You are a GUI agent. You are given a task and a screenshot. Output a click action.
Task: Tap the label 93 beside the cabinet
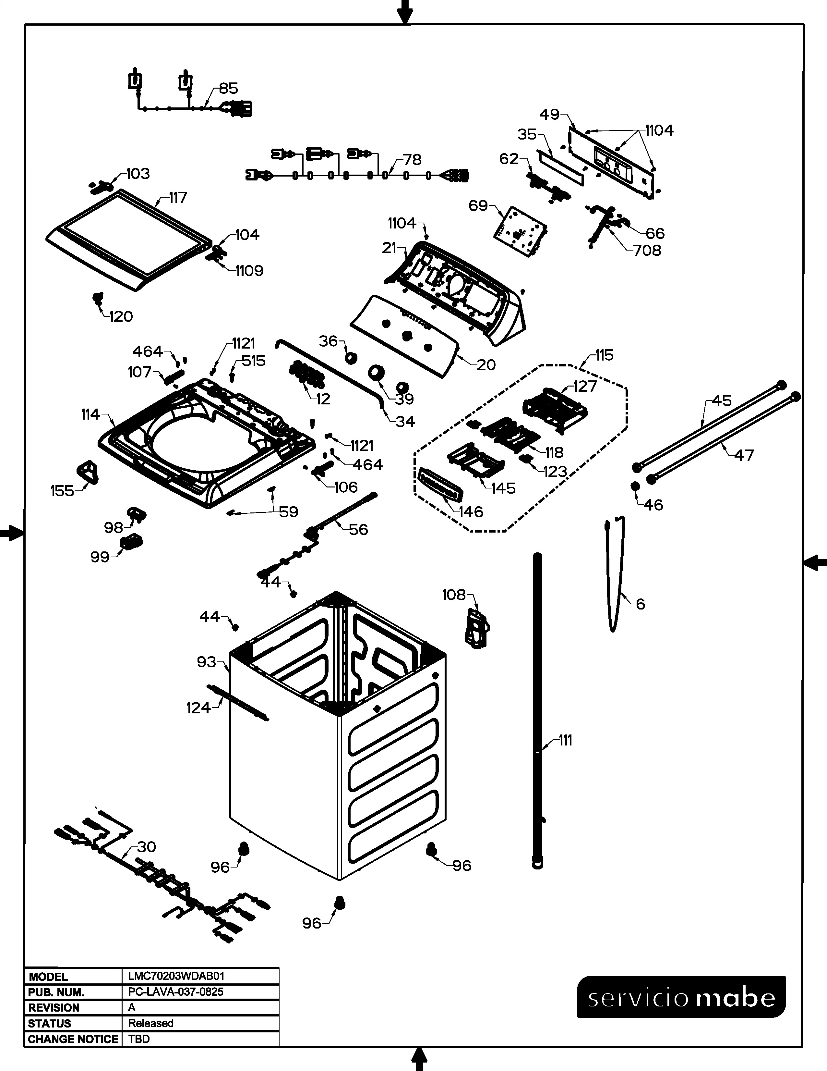(x=206, y=662)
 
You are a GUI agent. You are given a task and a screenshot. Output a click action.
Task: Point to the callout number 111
(x=565, y=741)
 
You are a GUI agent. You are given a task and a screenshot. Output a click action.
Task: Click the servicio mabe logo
(x=681, y=997)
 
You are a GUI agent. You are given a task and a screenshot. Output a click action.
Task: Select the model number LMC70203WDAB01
(x=176, y=976)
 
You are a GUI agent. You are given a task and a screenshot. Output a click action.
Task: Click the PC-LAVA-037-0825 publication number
(x=175, y=991)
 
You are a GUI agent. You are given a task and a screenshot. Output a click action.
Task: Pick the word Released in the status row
(x=150, y=1023)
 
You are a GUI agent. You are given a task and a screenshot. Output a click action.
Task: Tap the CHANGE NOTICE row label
(x=73, y=1039)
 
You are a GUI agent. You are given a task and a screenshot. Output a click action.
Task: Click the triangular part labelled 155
(x=88, y=472)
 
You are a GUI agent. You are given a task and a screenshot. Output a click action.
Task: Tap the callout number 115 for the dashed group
(x=605, y=355)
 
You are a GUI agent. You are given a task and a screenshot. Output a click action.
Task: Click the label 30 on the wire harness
(x=147, y=847)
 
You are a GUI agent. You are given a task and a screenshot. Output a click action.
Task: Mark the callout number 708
(x=647, y=251)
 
